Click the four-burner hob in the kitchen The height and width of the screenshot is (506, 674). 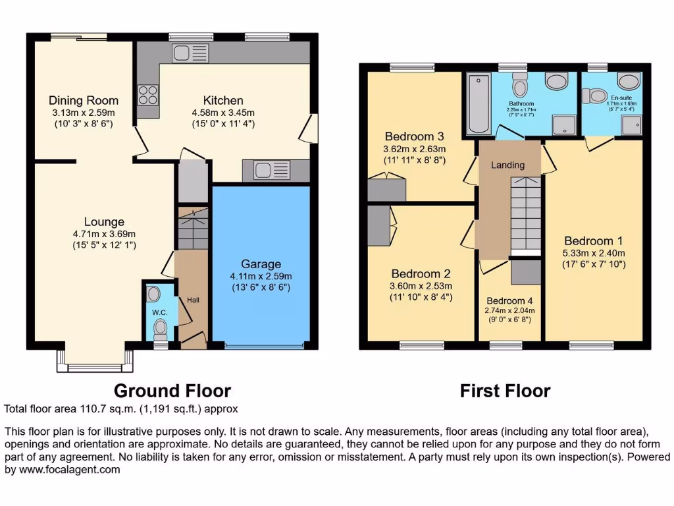point(148,96)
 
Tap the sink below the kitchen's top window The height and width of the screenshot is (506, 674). point(189,53)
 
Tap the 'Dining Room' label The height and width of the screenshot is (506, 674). point(84,100)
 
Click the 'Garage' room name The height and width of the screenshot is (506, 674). point(261,264)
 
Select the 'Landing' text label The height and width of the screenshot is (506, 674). point(508,165)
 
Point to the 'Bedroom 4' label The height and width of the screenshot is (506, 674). point(509,300)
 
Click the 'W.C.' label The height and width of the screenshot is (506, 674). point(160,312)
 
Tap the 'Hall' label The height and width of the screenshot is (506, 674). point(193,300)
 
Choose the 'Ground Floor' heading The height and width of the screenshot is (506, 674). point(172,391)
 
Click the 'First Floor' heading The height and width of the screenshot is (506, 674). point(505,391)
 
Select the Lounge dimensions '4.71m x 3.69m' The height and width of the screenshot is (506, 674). point(104,234)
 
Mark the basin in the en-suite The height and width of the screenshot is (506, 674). point(630,82)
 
